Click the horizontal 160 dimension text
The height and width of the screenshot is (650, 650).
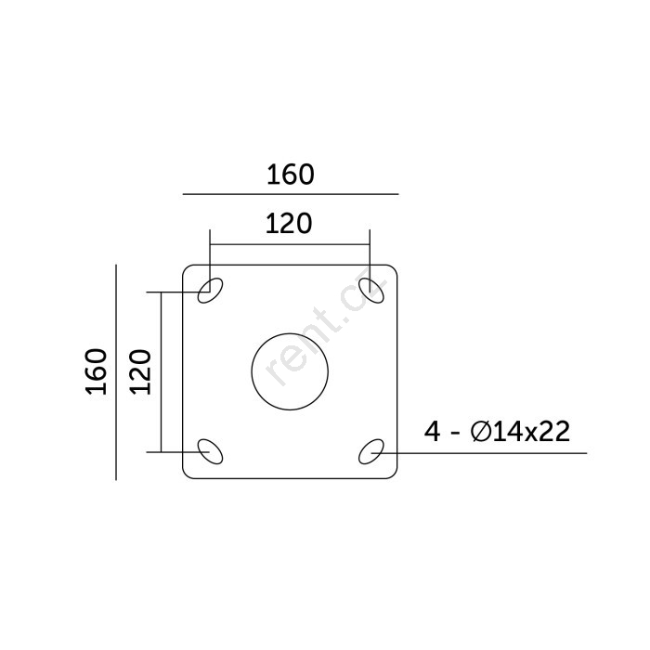290,175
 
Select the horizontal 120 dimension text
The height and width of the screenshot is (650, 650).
289,224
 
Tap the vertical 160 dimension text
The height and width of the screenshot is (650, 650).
97,371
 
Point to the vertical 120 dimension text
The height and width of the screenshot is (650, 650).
140,371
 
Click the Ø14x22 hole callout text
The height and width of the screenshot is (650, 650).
521,432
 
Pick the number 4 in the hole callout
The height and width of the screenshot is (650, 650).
433,432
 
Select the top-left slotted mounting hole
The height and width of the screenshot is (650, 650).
210,290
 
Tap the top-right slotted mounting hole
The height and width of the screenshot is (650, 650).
371,290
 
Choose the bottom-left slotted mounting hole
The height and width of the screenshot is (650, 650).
210,451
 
